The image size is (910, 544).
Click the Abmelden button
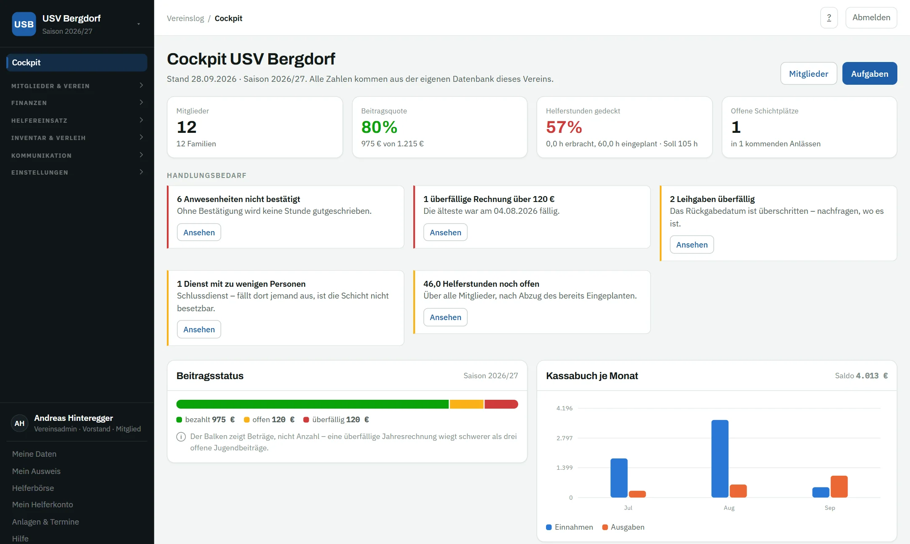tap(871, 18)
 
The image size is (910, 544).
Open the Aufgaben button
tap(870, 74)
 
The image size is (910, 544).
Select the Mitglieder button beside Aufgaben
tap(808, 74)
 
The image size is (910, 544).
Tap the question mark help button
tap(829, 18)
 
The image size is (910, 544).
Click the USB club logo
tap(24, 24)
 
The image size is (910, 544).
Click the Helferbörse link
tap(33, 488)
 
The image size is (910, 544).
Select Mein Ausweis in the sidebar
tap(36, 471)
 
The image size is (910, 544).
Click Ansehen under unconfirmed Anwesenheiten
tap(199, 232)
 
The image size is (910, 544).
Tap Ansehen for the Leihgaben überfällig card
tap(692, 245)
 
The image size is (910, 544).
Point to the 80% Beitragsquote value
tap(379, 127)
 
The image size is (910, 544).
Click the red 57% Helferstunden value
tap(564, 127)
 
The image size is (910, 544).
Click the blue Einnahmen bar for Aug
tap(720, 459)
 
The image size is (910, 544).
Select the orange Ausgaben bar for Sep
tap(839, 487)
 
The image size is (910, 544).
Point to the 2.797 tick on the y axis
tap(564, 438)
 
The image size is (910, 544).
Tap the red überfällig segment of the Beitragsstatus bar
tap(501, 404)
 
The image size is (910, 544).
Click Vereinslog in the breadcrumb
tap(185, 18)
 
